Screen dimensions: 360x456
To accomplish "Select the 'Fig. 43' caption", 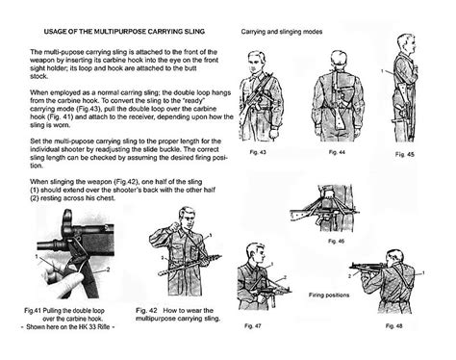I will pos(257,152).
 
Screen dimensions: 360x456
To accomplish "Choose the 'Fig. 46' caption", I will pos(337,241).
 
